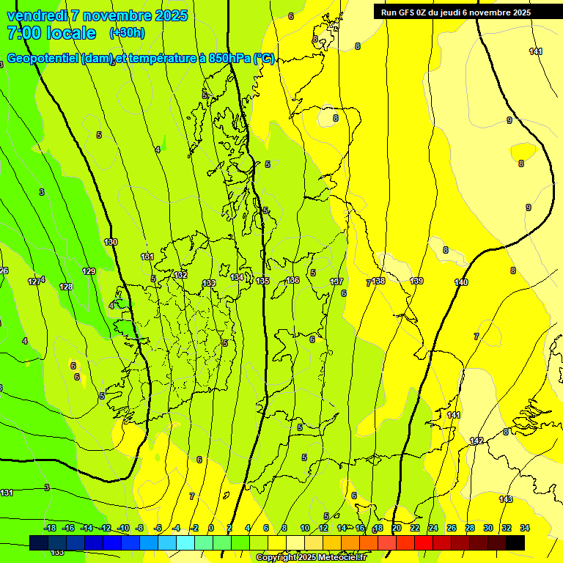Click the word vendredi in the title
[37, 15]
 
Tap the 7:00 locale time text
[51, 33]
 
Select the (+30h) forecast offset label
[127, 33]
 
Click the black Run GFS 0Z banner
[455, 12]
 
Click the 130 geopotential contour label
[111, 242]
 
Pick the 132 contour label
[180, 275]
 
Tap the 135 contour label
[263, 281]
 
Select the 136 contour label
[292, 280]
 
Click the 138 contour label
[378, 281]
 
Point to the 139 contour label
[416, 281]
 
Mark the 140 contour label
[461, 282]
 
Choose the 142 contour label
[476, 441]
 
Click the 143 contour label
[506, 499]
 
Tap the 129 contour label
[89, 271]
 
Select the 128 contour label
[66, 287]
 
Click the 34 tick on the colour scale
[525, 528]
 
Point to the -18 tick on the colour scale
[51, 528]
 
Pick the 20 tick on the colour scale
[397, 528]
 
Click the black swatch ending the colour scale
[515, 542]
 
